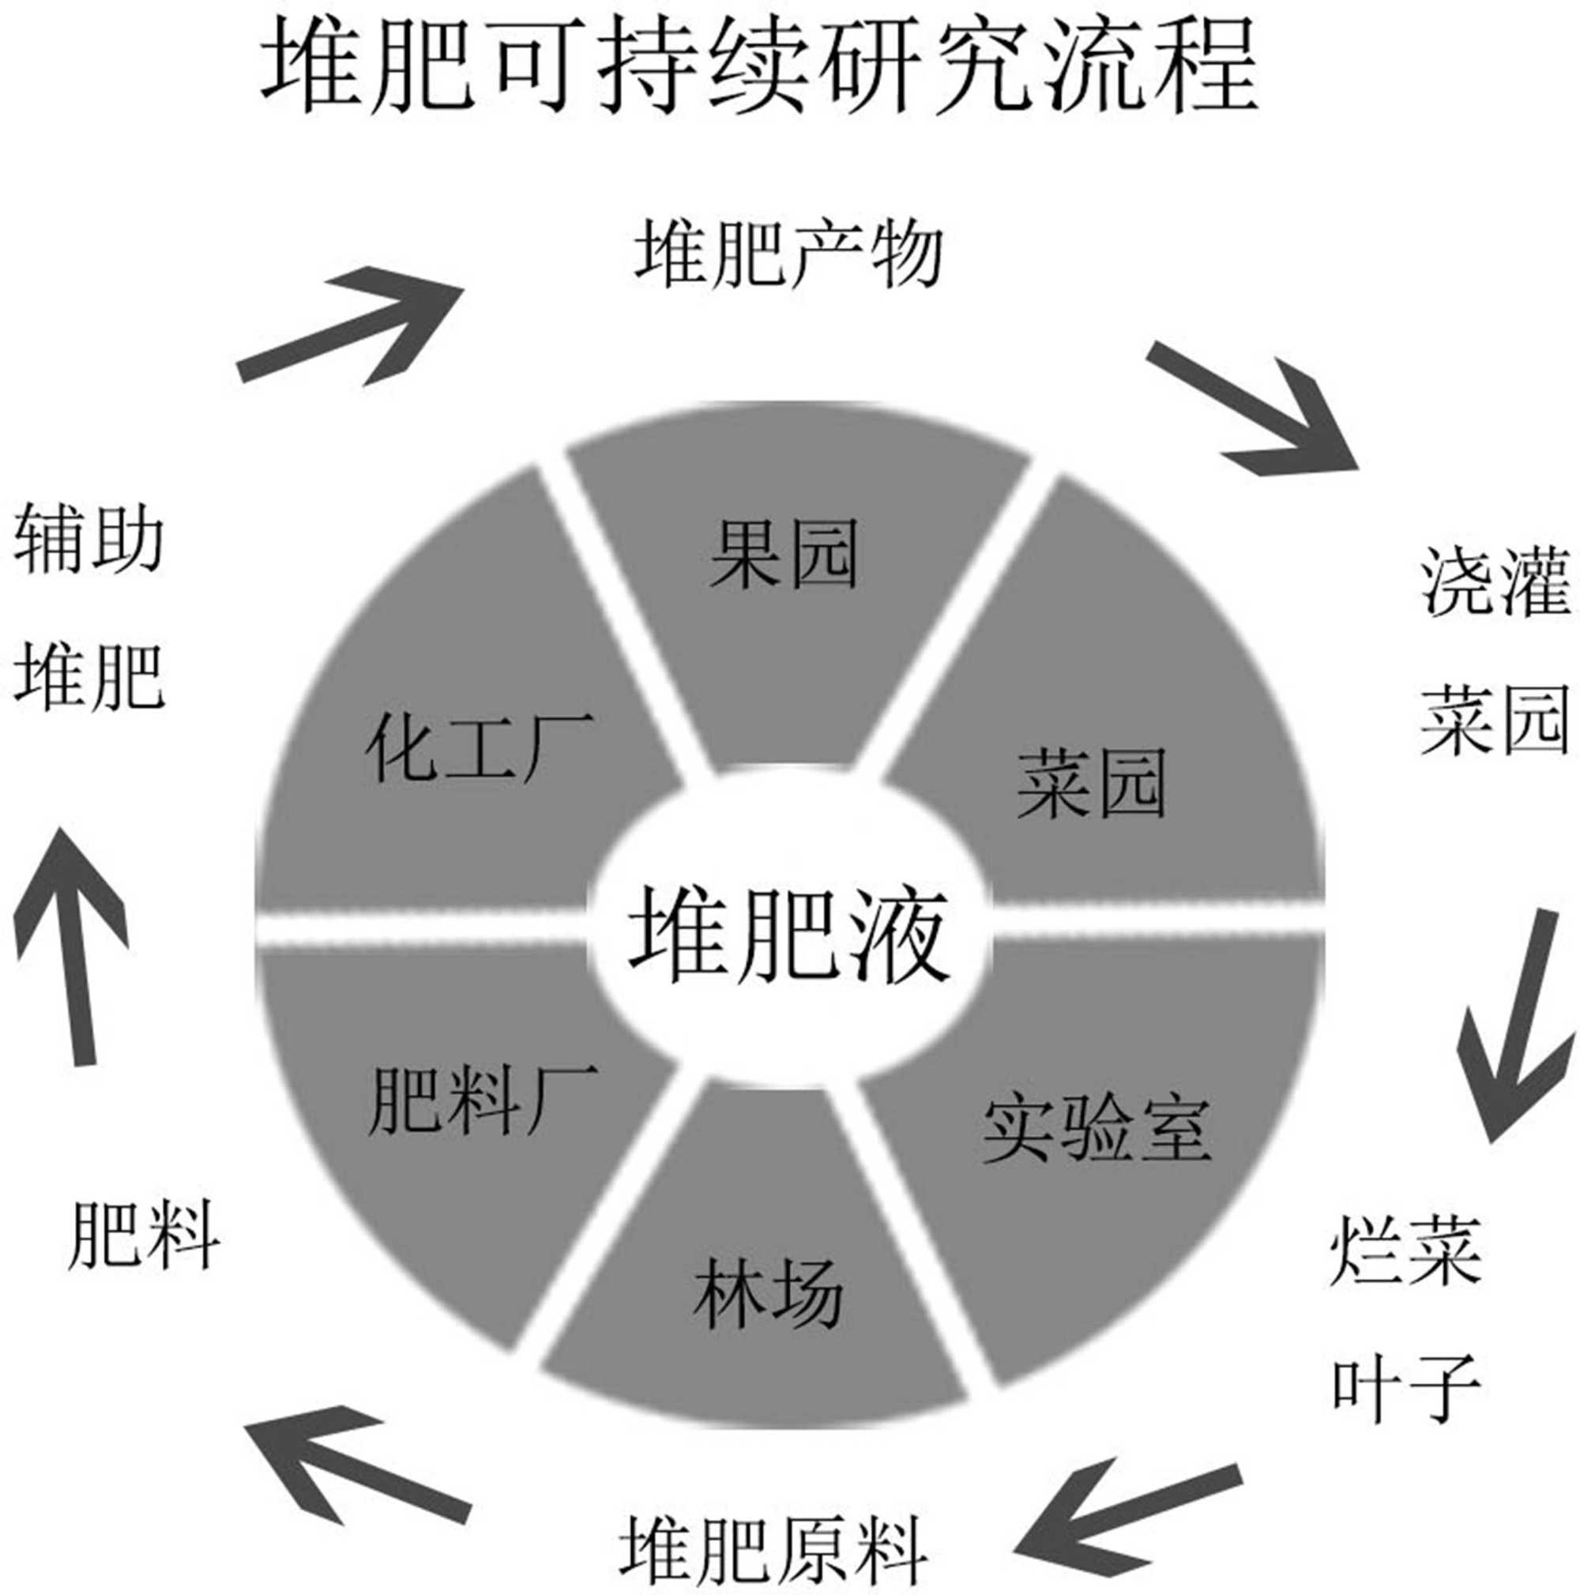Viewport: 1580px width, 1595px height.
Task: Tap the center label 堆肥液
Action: click(788, 935)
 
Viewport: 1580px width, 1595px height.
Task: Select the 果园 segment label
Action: click(784, 554)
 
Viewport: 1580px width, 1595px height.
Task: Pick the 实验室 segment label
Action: click(1097, 1130)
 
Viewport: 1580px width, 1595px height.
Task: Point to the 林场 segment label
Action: click(768, 1294)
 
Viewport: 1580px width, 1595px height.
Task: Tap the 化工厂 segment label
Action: click(480, 748)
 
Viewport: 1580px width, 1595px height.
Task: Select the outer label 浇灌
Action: click(1494, 583)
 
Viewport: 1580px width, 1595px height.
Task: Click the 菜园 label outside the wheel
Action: click(1494, 722)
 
